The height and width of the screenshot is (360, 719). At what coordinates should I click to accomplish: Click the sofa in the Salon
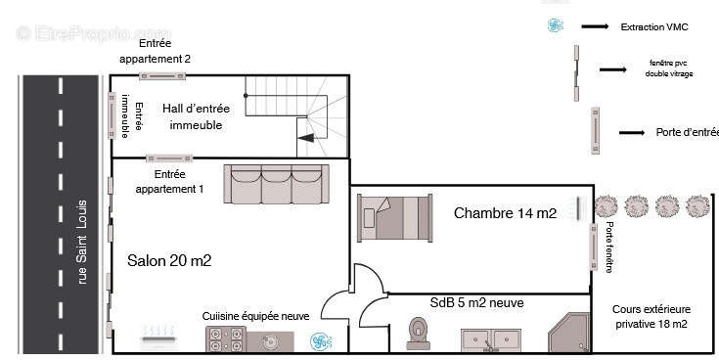(x=278, y=183)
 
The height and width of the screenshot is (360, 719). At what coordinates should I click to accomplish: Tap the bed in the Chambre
(x=395, y=216)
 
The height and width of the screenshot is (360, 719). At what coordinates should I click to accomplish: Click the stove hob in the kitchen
(x=226, y=339)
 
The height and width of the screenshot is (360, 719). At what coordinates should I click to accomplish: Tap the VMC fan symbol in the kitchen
(x=319, y=341)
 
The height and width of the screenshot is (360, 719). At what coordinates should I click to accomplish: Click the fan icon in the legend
(x=556, y=26)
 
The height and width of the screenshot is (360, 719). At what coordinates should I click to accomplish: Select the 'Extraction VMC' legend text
(x=655, y=26)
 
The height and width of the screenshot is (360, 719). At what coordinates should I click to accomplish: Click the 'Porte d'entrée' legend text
(x=687, y=132)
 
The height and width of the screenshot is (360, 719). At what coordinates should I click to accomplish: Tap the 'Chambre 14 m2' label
(x=505, y=213)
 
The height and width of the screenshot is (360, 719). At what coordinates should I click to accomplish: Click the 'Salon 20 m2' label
(x=169, y=260)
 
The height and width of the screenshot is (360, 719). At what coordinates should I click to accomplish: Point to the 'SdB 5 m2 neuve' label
(x=475, y=302)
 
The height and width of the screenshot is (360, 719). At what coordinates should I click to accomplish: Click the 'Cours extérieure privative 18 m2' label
(x=651, y=316)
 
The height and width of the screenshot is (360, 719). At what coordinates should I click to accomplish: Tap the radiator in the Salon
(x=157, y=337)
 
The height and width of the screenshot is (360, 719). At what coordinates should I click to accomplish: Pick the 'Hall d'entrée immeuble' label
(x=197, y=117)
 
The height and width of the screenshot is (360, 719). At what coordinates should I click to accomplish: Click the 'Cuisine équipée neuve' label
(x=255, y=316)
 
